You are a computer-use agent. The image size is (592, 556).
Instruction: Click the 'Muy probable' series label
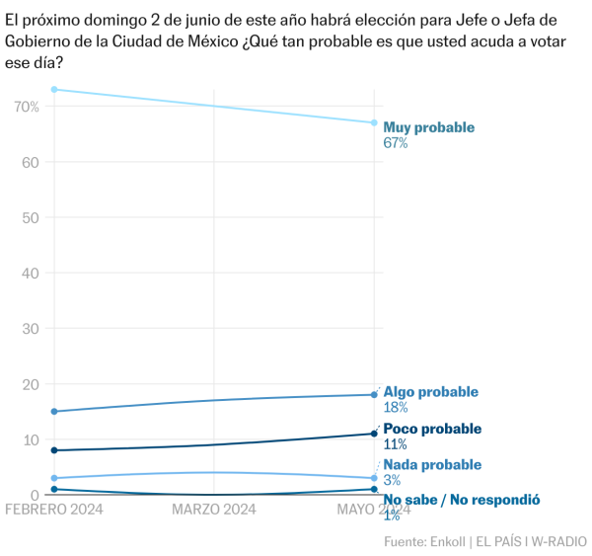click(428, 127)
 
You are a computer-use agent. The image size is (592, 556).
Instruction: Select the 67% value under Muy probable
click(396, 143)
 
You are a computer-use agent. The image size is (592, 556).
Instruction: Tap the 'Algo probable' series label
click(430, 391)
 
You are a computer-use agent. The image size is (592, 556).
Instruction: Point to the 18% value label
click(396, 407)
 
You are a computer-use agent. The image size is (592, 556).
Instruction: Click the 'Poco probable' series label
click(432, 429)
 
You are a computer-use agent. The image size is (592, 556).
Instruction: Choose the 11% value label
click(395, 444)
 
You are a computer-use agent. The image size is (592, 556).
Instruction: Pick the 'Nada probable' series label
click(432, 464)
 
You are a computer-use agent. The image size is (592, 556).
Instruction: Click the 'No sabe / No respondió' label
click(461, 500)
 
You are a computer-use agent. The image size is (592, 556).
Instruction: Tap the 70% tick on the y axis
click(26, 106)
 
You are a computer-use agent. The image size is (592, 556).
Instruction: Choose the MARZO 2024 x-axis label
click(214, 510)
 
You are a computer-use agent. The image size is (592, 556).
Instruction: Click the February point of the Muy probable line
click(54, 90)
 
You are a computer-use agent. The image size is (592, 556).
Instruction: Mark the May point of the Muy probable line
click(374, 122)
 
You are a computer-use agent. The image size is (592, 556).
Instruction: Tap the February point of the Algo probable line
click(54, 412)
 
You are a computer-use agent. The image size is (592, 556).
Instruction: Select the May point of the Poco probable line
click(374, 434)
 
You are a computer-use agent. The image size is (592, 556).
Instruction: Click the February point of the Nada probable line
click(54, 478)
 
